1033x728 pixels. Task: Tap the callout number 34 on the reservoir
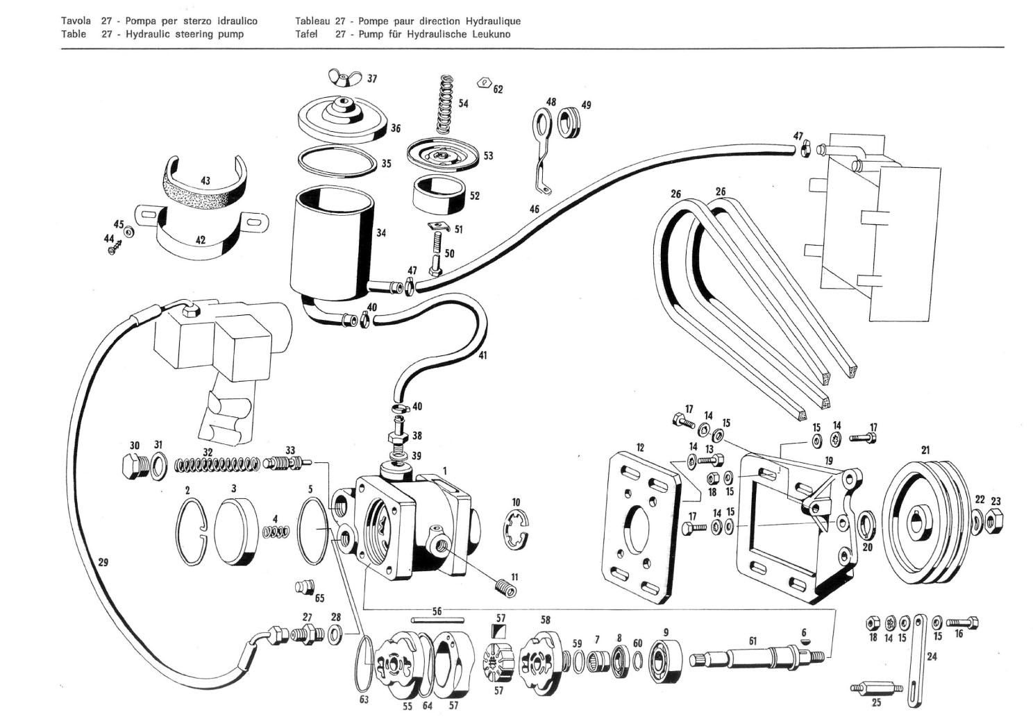tap(381, 233)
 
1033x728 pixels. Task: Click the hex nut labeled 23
tap(994, 517)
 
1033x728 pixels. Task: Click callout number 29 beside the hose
tap(103, 562)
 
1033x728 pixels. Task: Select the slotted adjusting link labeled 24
tap(916, 659)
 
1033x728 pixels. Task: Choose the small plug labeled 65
tap(302, 586)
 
